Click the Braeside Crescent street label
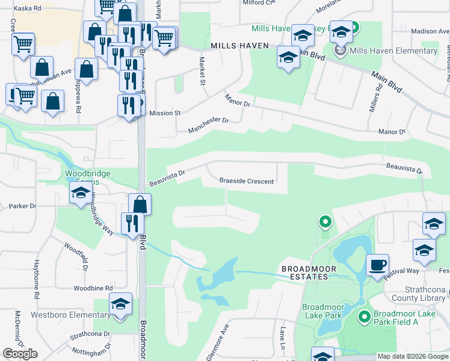[x=247, y=181]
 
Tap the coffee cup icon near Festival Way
[x=377, y=265]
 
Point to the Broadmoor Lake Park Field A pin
[x=363, y=316]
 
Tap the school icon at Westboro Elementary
[x=121, y=306]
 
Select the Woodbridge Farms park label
[x=88, y=178]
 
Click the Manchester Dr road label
[x=209, y=125]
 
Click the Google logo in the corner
[x=20, y=354]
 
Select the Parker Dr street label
[x=23, y=206]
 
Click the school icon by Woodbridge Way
[x=80, y=194]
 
